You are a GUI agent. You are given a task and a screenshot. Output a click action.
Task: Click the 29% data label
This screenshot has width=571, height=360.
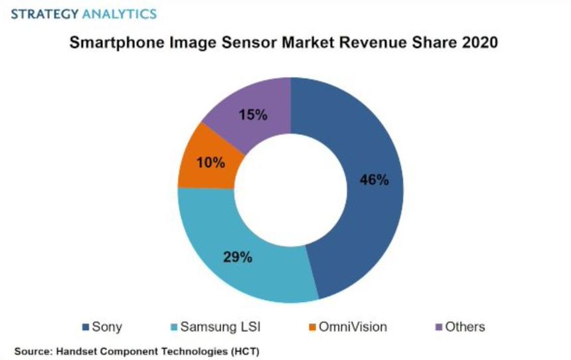pyautogui.click(x=237, y=257)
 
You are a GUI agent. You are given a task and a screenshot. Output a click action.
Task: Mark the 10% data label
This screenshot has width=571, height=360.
pyautogui.click(x=210, y=162)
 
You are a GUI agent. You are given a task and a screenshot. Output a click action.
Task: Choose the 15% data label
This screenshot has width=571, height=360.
pyautogui.click(x=253, y=115)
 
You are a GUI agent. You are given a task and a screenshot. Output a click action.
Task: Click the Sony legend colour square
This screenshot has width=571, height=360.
pyautogui.click(x=85, y=327)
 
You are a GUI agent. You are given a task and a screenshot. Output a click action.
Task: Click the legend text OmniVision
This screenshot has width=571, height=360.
pyautogui.click(x=353, y=327)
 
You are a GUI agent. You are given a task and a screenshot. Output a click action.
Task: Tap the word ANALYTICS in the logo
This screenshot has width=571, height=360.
pyautogui.click(x=120, y=13)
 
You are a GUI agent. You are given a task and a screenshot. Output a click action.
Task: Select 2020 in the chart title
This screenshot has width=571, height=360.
pyautogui.click(x=479, y=43)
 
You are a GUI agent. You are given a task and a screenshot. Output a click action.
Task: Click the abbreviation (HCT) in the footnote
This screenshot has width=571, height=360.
pyautogui.click(x=242, y=349)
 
